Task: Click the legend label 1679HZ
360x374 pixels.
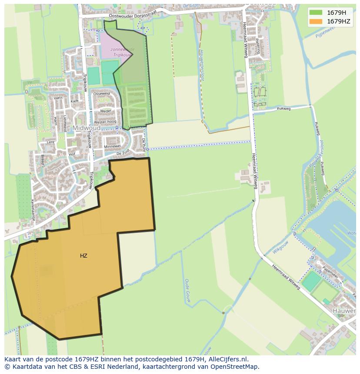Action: pyautogui.click(x=339, y=21)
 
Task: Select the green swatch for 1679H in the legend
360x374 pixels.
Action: pyautogui.click(x=316, y=13)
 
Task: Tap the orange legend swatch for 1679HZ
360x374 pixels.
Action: pyautogui.click(x=316, y=21)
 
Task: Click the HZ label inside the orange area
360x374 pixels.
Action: pyautogui.click(x=83, y=256)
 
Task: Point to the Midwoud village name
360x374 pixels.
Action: pyautogui.click(x=87, y=128)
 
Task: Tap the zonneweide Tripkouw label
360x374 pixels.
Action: pyautogui.click(x=122, y=52)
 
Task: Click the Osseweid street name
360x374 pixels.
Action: pyautogui.click(x=102, y=94)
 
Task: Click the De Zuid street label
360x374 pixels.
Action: pyautogui.click(x=123, y=153)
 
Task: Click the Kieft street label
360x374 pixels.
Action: pyautogui.click(x=74, y=101)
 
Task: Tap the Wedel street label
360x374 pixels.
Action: pyautogui.click(x=106, y=111)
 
